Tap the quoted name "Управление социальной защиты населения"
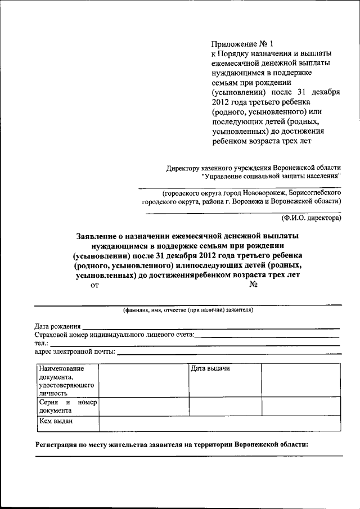(x=271, y=177)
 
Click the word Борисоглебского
(x=314, y=192)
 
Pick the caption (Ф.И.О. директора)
(x=311, y=217)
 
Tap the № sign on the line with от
(x=253, y=285)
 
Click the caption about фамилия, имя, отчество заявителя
(x=188, y=310)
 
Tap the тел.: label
(x=42, y=344)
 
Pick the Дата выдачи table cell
(x=210, y=369)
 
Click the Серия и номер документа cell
(x=67, y=407)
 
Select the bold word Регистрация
(x=59, y=444)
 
